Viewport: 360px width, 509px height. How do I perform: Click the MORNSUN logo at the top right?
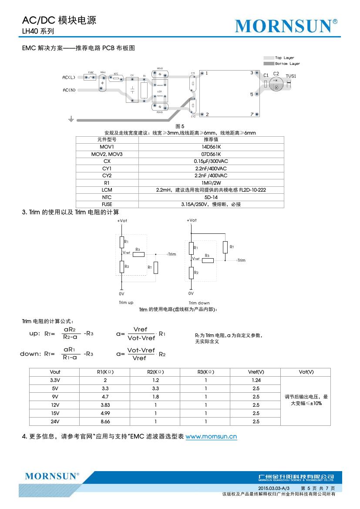tap(286, 27)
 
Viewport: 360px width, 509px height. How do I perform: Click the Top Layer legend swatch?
tap(268, 58)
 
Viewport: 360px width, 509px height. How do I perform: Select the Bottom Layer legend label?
tap(287, 64)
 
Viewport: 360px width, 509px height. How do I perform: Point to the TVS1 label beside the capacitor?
tap(291, 76)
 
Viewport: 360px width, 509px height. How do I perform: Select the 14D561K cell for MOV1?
tap(211, 147)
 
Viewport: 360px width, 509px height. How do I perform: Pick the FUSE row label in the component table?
tap(107, 204)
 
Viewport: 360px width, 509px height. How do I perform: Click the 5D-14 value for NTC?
tap(211, 197)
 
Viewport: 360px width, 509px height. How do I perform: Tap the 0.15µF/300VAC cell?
tap(211, 161)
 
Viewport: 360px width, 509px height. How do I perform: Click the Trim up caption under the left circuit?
tap(126, 303)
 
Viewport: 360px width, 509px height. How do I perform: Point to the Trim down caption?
tap(199, 303)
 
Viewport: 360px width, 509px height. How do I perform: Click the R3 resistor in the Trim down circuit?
tap(207, 260)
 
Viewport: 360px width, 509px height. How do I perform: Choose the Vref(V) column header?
tap(256, 372)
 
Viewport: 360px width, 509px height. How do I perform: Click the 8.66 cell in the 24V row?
tap(105, 421)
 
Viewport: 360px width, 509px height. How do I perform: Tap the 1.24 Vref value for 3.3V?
tap(256, 380)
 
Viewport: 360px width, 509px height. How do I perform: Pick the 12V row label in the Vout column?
tap(55, 405)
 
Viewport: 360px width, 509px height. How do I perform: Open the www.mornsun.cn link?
tap(211, 436)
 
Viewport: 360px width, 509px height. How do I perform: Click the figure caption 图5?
tap(180, 126)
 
